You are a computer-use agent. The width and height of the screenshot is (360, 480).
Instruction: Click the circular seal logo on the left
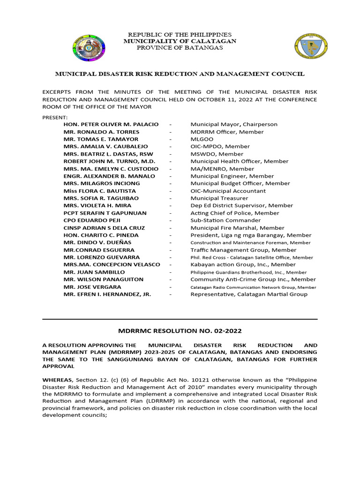[x=89, y=49]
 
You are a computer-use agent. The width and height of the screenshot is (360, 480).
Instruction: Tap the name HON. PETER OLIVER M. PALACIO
[x=111, y=124]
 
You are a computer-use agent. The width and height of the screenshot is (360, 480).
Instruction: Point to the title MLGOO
[x=202, y=139]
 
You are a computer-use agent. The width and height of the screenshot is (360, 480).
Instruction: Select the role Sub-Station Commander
[x=225, y=220]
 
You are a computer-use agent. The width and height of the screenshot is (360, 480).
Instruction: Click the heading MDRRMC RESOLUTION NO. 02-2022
[x=180, y=331]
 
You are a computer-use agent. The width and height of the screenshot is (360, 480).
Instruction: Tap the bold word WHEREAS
[x=57, y=379]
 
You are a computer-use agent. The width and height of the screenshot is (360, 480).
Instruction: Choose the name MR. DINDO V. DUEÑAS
[x=97, y=242]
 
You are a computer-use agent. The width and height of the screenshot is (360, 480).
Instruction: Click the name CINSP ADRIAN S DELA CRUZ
[x=105, y=228]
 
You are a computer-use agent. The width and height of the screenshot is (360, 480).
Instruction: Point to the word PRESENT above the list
[x=55, y=117]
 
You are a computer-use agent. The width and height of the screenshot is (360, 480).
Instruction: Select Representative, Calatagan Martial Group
[x=249, y=294]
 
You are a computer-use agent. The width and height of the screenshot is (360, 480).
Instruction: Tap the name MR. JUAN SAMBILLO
[x=94, y=272]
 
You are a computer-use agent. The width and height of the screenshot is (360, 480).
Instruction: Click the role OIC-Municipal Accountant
[x=228, y=191]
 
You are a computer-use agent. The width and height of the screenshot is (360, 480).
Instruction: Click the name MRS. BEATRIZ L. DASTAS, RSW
[x=108, y=154]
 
